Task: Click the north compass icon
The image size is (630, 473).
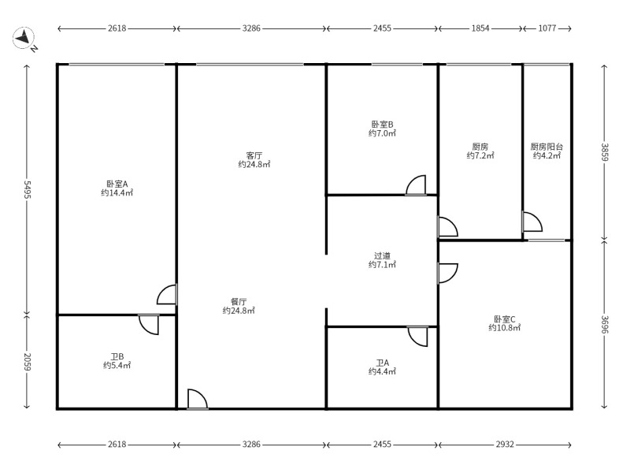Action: pos(24,38)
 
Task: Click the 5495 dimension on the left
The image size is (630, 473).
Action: pos(27,189)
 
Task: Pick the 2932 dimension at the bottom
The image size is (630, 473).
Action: pos(505,445)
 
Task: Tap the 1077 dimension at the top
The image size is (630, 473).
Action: pos(547,28)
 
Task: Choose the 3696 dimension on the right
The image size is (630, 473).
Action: pos(605,324)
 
